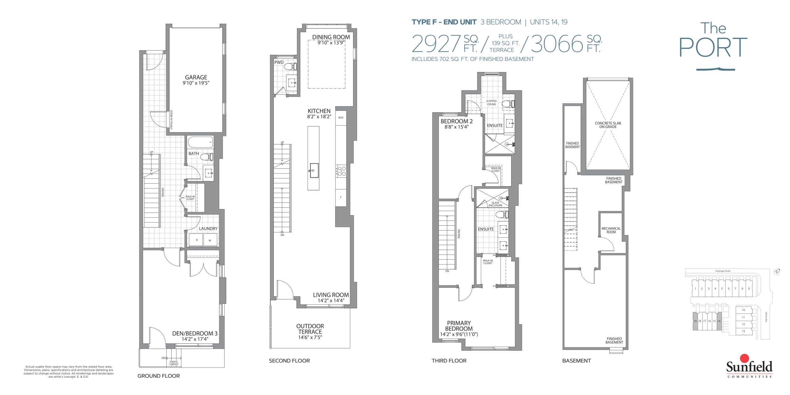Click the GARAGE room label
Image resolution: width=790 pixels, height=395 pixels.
point(196,77)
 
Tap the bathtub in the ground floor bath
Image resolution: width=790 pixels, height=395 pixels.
point(200,143)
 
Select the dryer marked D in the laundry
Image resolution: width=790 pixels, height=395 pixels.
point(196,240)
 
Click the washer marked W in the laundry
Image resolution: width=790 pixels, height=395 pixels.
point(210,240)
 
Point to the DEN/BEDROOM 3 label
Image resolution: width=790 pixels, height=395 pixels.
point(195,333)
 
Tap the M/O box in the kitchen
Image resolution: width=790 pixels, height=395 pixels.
point(341,118)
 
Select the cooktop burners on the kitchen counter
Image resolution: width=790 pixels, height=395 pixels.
point(341,171)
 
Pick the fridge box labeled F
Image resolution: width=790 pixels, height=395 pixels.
point(341,197)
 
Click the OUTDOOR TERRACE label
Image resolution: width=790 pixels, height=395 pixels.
point(310,329)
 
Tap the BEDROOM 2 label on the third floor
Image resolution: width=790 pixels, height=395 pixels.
point(456,121)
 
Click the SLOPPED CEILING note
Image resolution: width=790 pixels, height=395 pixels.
point(491,102)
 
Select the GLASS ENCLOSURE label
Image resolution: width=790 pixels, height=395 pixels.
point(495,204)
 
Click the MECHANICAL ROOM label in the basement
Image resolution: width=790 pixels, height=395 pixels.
point(611,230)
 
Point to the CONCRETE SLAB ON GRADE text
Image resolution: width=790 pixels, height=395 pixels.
point(608,125)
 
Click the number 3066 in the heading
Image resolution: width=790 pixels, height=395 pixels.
point(557,44)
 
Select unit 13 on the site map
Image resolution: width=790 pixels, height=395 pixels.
point(743,331)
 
